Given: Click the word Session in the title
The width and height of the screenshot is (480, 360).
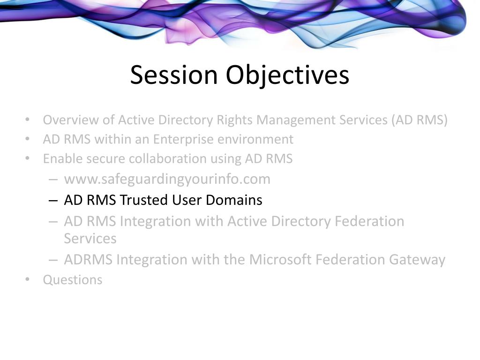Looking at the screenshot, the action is (x=174, y=75).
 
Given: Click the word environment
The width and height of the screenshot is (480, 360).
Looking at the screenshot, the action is (x=255, y=139).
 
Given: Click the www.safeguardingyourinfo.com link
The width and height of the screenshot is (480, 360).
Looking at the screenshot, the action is (x=167, y=179).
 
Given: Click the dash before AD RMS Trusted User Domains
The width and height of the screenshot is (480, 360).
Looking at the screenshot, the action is (x=53, y=201).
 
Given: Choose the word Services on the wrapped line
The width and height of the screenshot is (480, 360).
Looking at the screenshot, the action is (x=90, y=239).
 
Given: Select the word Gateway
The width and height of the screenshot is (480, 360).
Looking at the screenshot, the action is (x=417, y=260).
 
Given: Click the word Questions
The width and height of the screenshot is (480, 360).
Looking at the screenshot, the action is (x=73, y=280).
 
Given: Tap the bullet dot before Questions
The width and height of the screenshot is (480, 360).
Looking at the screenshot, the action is (x=28, y=279).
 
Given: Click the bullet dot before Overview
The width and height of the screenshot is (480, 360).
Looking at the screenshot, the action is (x=28, y=120).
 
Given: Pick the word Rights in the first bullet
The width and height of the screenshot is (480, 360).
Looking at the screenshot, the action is (x=234, y=120).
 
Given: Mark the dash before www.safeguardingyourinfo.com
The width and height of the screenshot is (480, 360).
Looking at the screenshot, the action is (x=53, y=180).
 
